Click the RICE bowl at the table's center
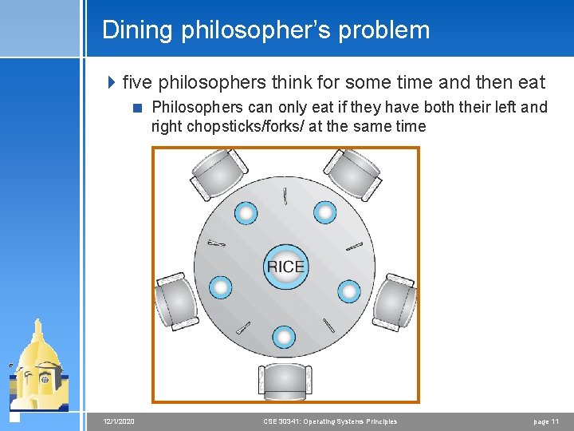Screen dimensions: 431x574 point(285,266)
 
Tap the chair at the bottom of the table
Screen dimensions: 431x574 point(285,382)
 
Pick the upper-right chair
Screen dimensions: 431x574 point(355,173)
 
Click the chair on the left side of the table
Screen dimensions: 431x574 point(176,302)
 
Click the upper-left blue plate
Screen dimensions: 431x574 point(246,213)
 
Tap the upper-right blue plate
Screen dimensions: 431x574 point(324,212)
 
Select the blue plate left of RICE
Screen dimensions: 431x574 point(220,287)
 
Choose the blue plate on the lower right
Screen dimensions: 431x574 point(348,291)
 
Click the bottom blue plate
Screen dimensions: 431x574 point(284,337)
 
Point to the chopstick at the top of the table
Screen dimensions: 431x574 point(285,196)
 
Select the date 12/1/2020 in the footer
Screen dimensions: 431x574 point(120,421)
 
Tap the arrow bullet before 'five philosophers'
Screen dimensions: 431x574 point(112,82)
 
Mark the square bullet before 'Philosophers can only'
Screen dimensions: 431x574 point(139,108)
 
